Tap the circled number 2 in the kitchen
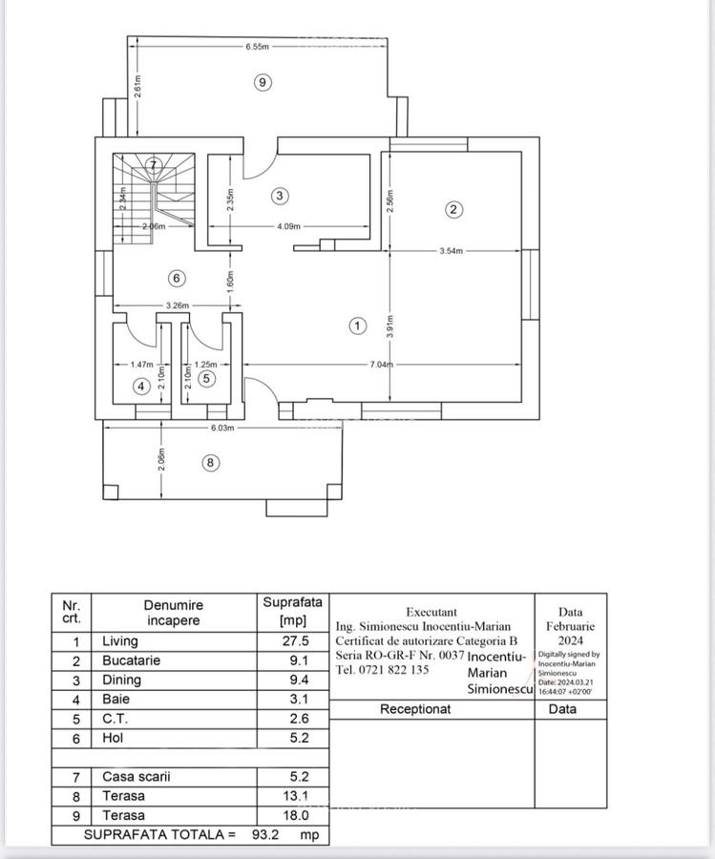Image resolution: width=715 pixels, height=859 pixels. click(x=453, y=209)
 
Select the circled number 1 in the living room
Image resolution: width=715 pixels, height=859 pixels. click(x=357, y=326)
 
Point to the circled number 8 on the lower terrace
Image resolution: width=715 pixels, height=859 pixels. click(x=211, y=464)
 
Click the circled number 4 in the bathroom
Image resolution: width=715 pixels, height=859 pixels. click(x=141, y=387)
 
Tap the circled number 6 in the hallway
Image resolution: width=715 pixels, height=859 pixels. click(x=176, y=279)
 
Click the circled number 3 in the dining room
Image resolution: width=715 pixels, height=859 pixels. click(x=280, y=196)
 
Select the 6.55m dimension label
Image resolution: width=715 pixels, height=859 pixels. click(x=257, y=46)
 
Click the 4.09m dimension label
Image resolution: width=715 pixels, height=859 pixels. click(x=287, y=227)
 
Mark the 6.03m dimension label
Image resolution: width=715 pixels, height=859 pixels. click(x=221, y=429)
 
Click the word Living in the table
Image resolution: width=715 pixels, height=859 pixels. click(x=120, y=641)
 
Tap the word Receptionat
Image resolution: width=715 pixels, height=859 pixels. click(x=415, y=709)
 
